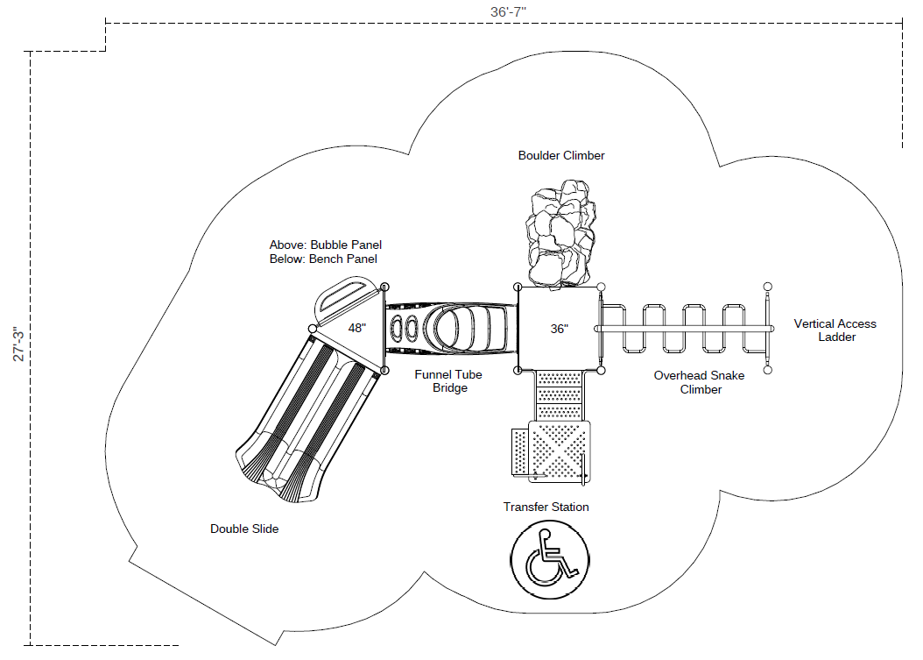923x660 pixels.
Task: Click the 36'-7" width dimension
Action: coord(508,11)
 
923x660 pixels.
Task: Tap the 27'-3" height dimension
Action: coord(18,344)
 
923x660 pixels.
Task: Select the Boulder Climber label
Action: coord(561,155)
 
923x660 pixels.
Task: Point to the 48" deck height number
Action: coord(356,328)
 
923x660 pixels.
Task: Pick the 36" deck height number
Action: coord(560,329)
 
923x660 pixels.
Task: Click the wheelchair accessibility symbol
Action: coord(549,559)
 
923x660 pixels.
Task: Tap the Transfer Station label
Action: coord(546,507)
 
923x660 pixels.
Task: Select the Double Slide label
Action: coord(244,529)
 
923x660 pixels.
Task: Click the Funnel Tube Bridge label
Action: coord(448,381)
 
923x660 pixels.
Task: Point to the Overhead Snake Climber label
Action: coord(700,382)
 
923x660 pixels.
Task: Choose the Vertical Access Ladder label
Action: coord(835,330)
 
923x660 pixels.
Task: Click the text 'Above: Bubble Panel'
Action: coord(326,245)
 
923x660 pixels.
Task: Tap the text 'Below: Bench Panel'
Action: coord(323,259)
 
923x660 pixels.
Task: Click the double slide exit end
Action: coord(279,472)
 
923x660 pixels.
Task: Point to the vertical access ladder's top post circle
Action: coord(768,287)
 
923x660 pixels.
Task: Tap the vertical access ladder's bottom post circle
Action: coord(768,370)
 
